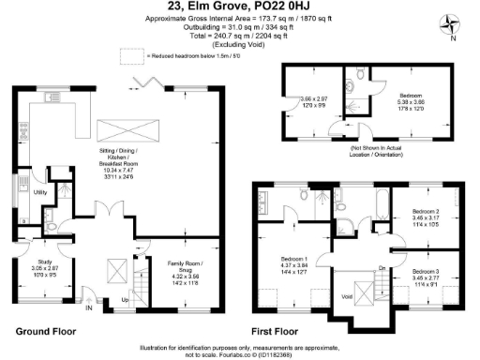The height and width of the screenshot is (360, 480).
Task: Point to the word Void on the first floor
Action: pos(348,295)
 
